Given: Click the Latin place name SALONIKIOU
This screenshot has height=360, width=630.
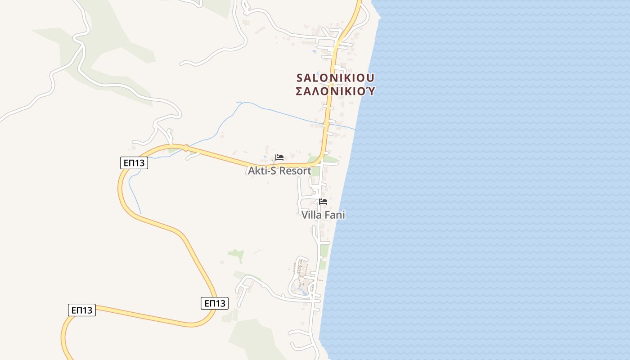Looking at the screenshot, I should [335, 77].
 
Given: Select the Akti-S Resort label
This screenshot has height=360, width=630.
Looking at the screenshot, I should [279, 171].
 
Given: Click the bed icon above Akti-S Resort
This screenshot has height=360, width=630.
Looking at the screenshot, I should [279, 157].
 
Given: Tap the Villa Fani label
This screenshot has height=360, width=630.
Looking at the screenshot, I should [323, 215].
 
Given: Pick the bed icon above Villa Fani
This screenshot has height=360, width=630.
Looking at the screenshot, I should [323, 201].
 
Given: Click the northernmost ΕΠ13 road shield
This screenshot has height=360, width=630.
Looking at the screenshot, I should [134, 163].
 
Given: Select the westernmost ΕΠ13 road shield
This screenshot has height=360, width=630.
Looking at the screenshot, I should [82, 310].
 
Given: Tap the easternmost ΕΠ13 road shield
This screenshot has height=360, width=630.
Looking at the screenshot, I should [214, 303].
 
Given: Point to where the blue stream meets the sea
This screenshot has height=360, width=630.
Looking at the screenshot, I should [355, 130].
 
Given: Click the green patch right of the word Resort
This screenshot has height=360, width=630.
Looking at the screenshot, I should [316, 171].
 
